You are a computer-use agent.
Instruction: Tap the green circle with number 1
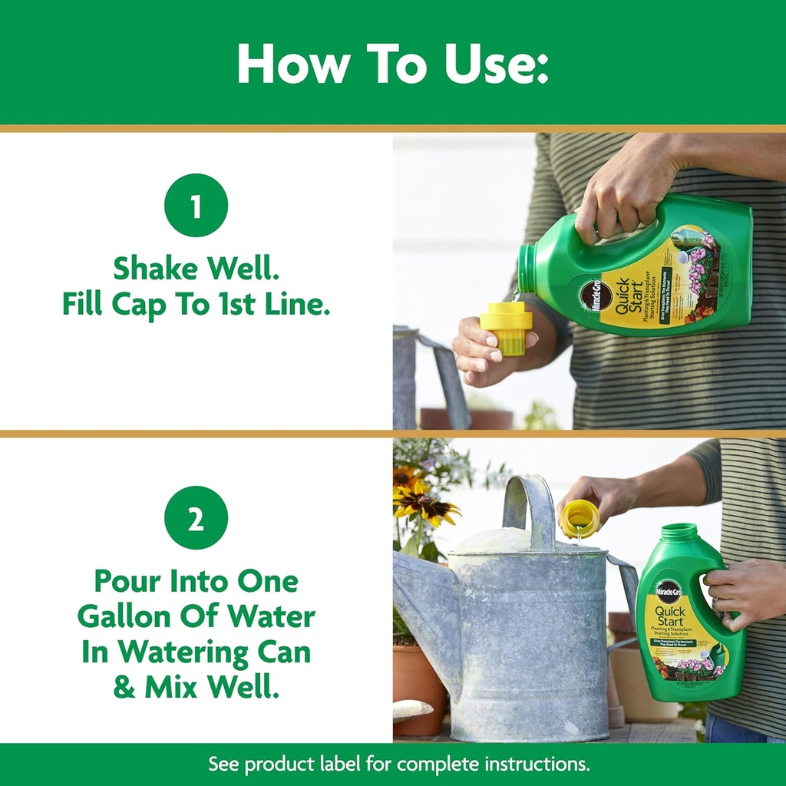pyautogui.click(x=196, y=206)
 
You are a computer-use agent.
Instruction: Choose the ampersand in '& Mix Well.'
pyautogui.click(x=124, y=687)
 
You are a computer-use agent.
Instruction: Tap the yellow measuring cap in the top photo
pyautogui.click(x=506, y=326)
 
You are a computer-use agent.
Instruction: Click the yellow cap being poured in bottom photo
pyautogui.click(x=580, y=518)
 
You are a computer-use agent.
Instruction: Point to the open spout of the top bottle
pyautogui.click(x=527, y=269)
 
